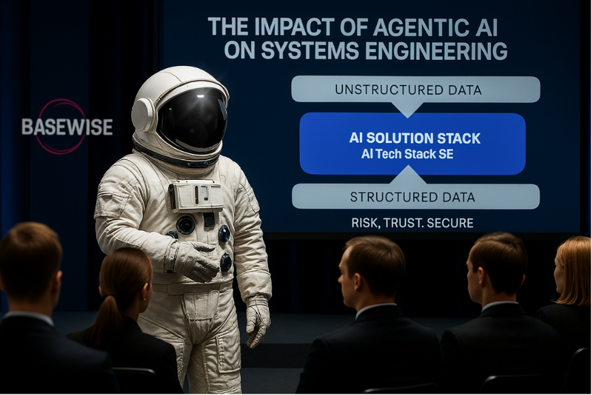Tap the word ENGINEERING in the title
pos(436,50)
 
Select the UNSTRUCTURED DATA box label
pos(408,90)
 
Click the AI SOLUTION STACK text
pos(414,138)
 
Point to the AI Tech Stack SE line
pos(408,154)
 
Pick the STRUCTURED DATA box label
pos(412,197)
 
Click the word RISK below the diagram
pos(365,223)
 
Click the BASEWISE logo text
pos(67,127)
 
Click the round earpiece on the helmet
pos(143,114)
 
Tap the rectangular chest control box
pos(195,195)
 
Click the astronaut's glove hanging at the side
pos(258,322)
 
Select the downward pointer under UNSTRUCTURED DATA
pos(407,110)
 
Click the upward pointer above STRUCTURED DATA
pos(408,175)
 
